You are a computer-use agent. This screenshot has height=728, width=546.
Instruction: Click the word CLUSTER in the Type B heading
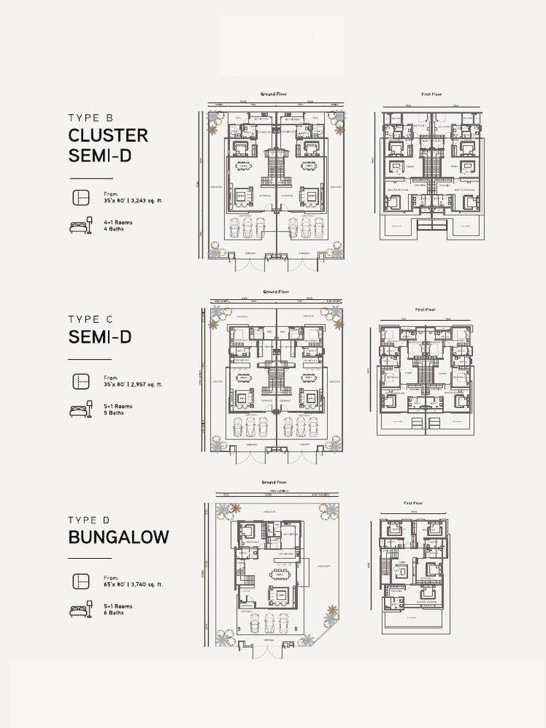108,135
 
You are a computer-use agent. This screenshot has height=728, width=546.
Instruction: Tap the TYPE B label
90,118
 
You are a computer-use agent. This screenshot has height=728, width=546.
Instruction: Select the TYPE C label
90,320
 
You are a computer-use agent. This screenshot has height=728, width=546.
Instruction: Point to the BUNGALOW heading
119,537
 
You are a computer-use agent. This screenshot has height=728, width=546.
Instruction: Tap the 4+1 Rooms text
118,223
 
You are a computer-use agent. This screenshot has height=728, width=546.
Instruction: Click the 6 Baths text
114,612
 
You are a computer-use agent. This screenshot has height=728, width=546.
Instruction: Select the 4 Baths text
114,228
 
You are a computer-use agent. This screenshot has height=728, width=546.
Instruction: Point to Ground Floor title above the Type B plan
273,94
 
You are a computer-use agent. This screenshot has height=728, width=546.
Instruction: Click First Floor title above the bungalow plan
413,503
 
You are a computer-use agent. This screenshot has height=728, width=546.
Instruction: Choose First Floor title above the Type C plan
424,309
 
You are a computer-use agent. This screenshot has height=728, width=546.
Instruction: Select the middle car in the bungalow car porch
270,623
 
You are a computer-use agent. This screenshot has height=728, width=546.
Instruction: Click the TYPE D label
90,520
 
